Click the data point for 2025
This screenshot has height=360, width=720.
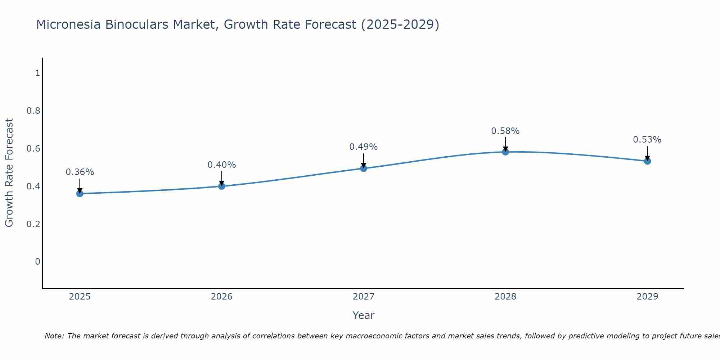coord(80,194)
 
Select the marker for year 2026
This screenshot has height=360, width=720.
coord(222,186)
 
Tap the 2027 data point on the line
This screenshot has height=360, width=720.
coord(364,168)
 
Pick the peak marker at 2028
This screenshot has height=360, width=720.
coord(505,152)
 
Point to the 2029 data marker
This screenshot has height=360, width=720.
coord(647,161)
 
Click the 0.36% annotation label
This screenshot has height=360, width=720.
coord(80,172)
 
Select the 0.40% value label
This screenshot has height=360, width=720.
coord(222,165)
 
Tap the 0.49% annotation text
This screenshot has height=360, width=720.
coord(364,147)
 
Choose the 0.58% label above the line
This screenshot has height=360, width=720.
coord(505,131)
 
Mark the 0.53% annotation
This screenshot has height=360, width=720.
coord(647,140)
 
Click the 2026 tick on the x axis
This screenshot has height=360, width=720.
coord(222,297)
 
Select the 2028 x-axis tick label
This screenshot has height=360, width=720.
coord(505,297)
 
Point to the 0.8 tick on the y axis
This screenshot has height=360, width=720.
coord(33,111)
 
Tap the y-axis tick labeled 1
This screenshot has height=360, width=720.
coord(37,73)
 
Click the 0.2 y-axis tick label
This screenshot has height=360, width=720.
coord(33,224)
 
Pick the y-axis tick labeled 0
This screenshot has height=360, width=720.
coord(37,262)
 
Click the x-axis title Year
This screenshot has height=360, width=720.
coord(364,315)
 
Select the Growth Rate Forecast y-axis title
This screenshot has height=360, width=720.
coord(9,173)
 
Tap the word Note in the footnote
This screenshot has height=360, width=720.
coord(54,336)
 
